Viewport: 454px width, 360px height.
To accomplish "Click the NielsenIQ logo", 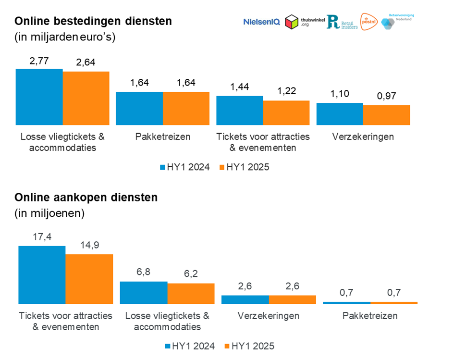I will [x=261, y=22].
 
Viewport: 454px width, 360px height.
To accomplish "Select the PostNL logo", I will [x=368, y=21].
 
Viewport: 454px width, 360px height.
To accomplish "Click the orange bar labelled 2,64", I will [x=86, y=98].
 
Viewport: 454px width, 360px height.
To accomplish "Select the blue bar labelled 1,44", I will [x=239, y=111].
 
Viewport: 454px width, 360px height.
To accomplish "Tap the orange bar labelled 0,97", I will [x=387, y=115].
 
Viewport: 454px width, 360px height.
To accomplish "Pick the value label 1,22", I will [x=286, y=91].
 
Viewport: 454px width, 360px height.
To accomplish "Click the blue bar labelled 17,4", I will [x=42, y=275].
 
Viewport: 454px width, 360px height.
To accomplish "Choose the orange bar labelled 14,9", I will [x=89, y=279].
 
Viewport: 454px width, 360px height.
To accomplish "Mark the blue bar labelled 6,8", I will [x=143, y=293].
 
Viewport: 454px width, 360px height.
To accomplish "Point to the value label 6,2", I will [x=191, y=274].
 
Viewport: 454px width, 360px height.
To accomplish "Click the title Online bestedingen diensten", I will [x=93, y=22].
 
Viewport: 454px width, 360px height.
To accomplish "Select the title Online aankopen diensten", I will [x=86, y=198].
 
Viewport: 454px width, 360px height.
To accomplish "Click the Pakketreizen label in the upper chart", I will [x=162, y=137].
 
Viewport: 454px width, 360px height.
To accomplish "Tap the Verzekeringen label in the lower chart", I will [x=269, y=316].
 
